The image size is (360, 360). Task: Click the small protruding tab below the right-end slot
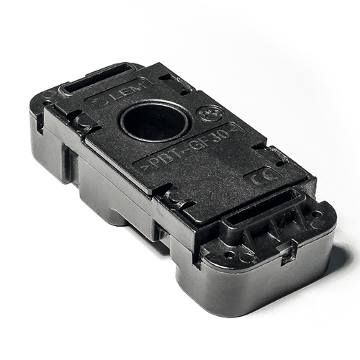tap(290, 251)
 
